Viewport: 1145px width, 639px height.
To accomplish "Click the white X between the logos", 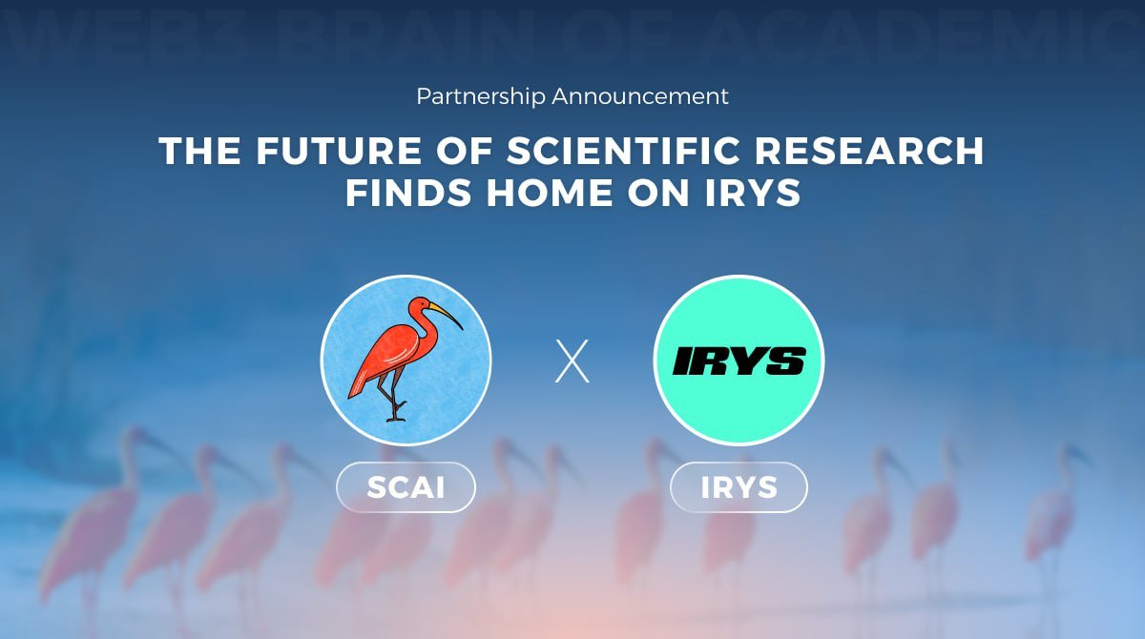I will pos(572,361).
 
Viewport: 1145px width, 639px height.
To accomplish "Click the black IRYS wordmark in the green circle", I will pos(739,361).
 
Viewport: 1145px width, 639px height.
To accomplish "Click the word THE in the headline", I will pos(196,152).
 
